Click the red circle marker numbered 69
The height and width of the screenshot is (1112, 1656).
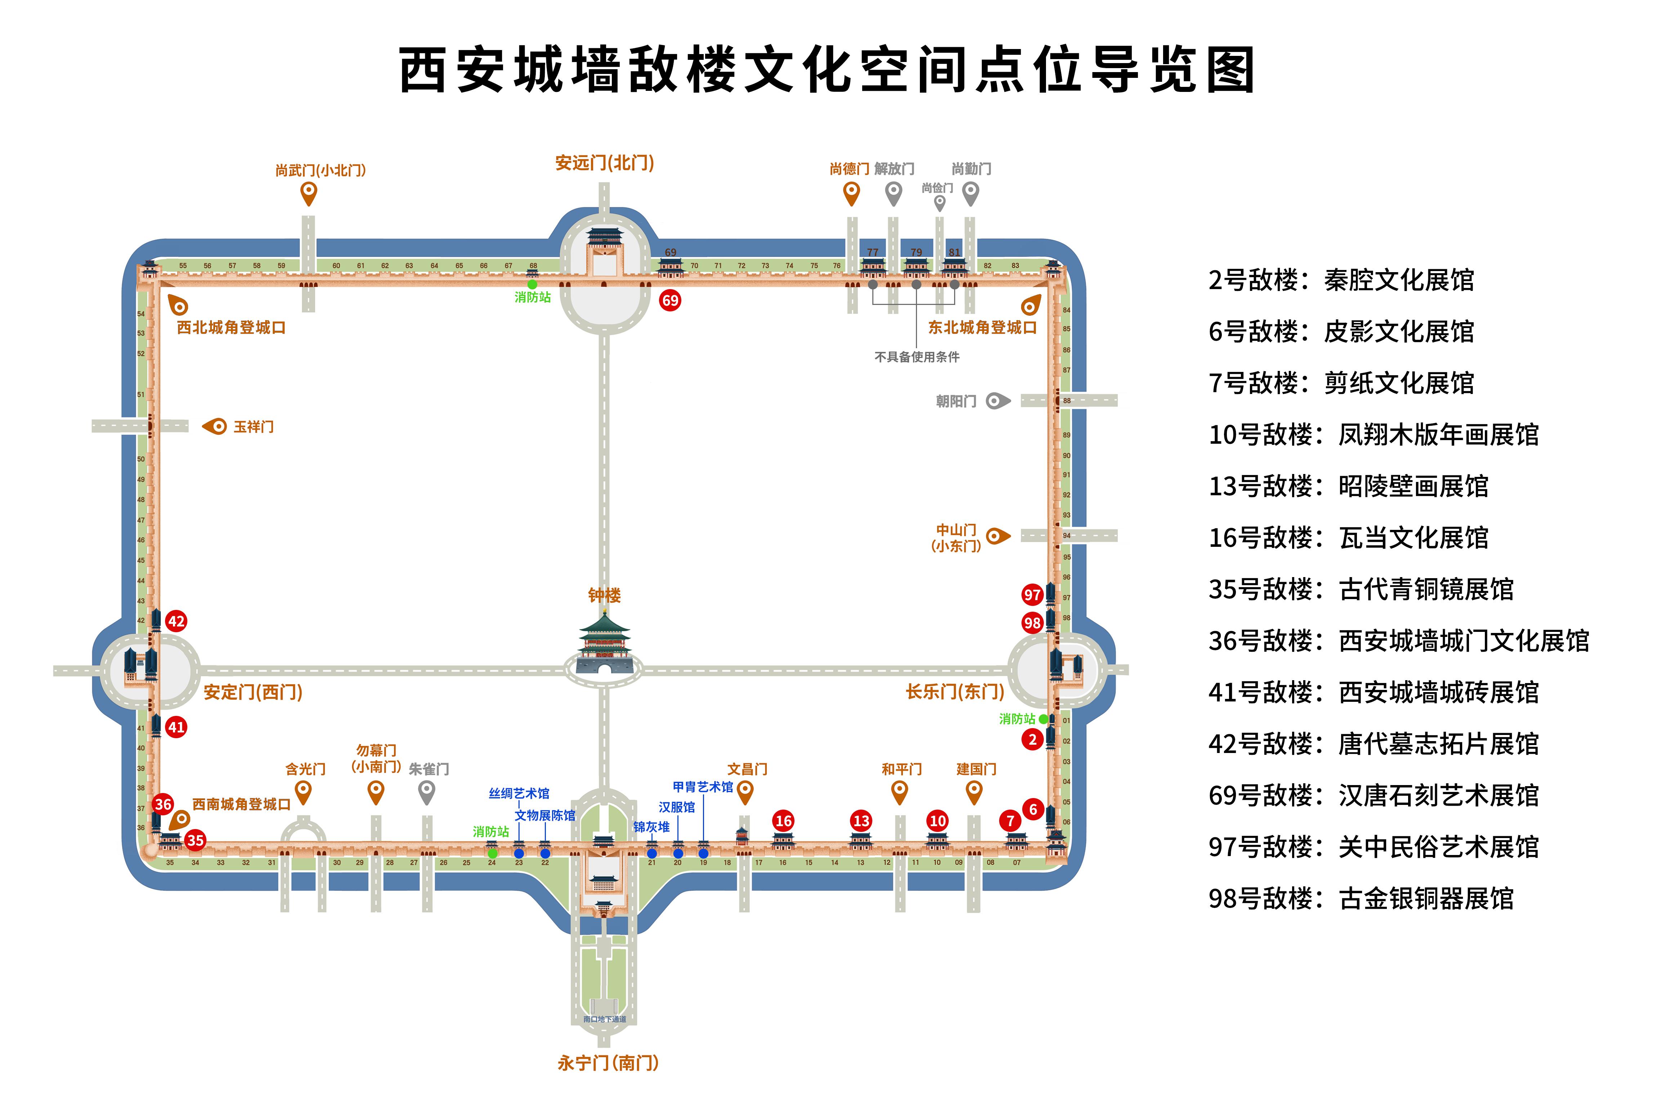tap(670, 300)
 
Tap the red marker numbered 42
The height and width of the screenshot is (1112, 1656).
tap(176, 621)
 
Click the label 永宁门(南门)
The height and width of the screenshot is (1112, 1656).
tap(607, 1062)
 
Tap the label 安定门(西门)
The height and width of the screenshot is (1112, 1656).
tap(253, 692)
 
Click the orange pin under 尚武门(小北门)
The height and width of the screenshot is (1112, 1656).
tap(308, 193)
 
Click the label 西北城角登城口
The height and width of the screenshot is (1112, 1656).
tap(231, 328)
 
